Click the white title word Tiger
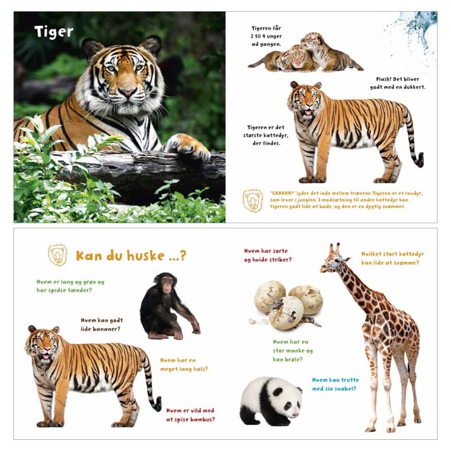coord(54,32)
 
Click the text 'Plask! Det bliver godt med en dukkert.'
coord(398,83)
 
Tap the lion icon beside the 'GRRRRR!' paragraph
coord(253,200)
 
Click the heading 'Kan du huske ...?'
coord(131,256)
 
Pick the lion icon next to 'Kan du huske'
coord(58,255)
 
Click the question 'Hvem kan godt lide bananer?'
coord(102,324)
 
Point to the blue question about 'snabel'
coord(335,384)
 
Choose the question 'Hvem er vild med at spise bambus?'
coord(190,415)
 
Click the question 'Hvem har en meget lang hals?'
coord(184,365)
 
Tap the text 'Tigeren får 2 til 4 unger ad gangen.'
coord(266,36)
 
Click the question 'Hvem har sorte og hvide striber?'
coord(268,255)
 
